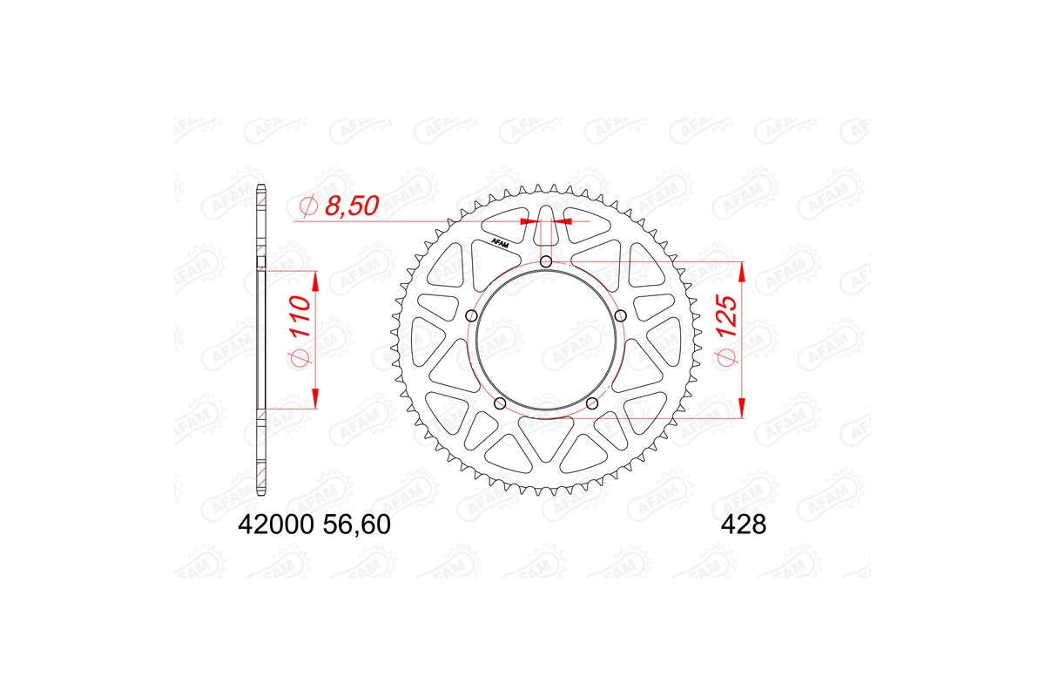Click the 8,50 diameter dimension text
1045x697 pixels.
(352, 207)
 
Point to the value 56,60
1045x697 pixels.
(356, 525)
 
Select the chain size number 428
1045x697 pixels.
(742, 525)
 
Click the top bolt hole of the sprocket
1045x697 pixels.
(546, 262)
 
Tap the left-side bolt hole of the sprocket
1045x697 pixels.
(472, 315)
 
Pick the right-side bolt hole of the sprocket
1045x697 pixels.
(620, 315)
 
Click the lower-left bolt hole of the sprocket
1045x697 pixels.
(500, 403)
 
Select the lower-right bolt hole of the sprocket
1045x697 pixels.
(592, 403)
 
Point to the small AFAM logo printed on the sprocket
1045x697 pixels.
(500, 243)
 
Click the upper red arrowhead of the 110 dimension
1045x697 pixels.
(314, 281)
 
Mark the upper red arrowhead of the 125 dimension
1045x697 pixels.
(742, 272)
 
